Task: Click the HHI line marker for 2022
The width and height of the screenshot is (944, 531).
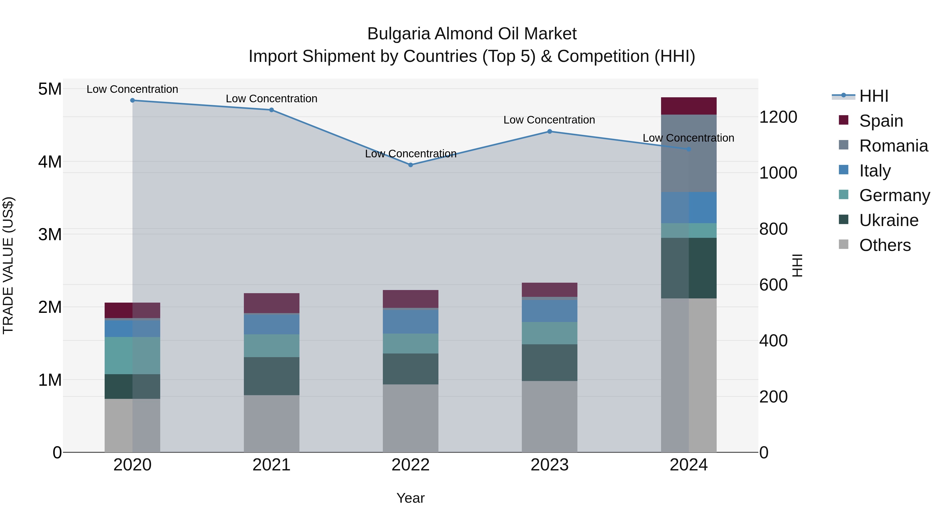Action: pos(410,165)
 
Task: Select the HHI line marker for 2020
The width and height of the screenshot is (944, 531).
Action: pos(132,100)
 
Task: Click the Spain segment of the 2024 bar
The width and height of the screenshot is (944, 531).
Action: pos(689,106)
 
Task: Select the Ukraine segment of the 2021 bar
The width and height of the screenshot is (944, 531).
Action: pos(272,376)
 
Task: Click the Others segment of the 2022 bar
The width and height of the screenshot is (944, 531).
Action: pos(410,418)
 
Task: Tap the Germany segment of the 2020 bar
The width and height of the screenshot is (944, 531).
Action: pos(132,356)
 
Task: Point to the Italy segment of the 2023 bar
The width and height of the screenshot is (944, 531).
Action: pos(549,311)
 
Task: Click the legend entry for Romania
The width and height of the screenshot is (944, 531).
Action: pos(893,146)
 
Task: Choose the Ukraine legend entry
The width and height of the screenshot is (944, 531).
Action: pos(888,220)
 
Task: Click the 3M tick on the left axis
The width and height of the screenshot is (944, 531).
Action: pos(50,234)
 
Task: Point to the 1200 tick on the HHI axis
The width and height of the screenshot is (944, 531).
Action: pos(778,117)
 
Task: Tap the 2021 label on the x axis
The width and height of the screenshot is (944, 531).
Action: pos(272,465)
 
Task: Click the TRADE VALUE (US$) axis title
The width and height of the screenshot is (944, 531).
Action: pos(8,265)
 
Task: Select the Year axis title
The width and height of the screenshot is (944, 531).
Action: pos(410,498)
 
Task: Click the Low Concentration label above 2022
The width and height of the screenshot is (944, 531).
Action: pos(410,154)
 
